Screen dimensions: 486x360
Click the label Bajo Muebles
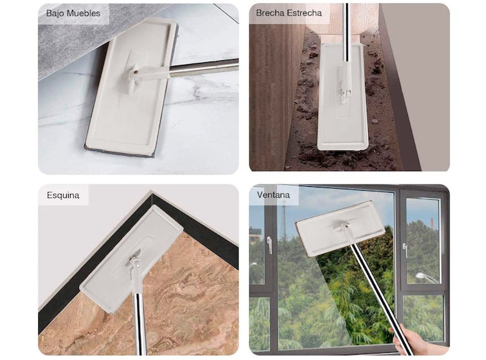73,14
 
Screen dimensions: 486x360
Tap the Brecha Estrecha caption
289,13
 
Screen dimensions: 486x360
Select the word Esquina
63,195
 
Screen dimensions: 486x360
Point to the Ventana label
273,195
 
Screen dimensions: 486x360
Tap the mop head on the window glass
340,228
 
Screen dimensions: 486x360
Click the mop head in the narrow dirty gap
342,96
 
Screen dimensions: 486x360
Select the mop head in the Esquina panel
132,258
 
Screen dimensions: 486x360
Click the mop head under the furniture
130,87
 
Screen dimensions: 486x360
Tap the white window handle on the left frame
269,245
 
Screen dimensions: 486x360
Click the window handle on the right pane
404,250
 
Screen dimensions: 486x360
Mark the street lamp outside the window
426,277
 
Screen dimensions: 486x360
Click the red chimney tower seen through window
432,223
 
